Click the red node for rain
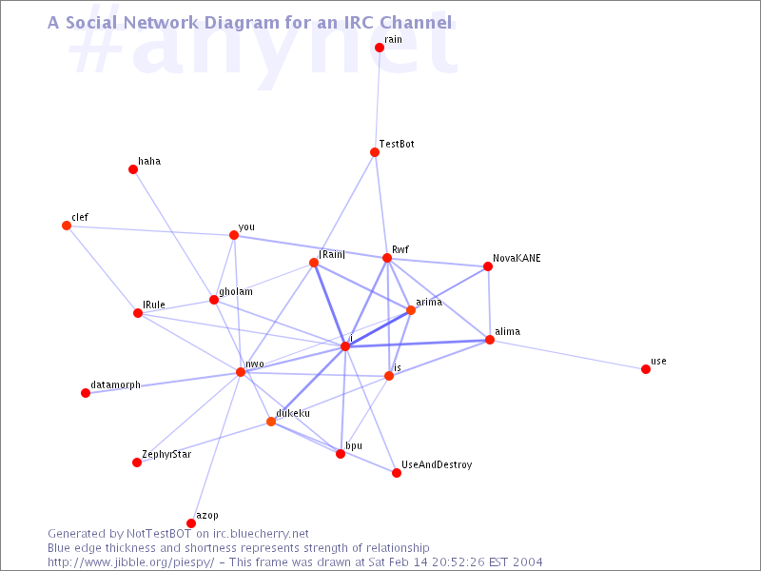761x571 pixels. click(380, 48)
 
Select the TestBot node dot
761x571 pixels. click(375, 152)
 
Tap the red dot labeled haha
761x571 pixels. click(133, 169)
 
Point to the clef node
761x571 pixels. click(67, 226)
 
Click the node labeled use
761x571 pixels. click(646, 369)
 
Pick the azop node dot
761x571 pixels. click(191, 523)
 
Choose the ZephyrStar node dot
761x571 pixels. click(137, 463)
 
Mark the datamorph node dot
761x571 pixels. click(86, 393)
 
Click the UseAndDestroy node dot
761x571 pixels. click(397, 473)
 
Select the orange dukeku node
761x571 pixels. click(271, 422)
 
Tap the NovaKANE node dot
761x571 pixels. click(488, 266)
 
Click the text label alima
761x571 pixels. click(508, 331)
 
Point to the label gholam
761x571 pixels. click(236, 292)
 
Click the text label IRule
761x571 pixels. click(154, 305)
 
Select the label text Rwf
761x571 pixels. click(400, 249)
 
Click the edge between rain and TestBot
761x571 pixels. click(377, 100)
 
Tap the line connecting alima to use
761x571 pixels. click(568, 355)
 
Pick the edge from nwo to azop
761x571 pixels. click(216, 447)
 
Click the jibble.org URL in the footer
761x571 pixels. click(131, 562)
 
